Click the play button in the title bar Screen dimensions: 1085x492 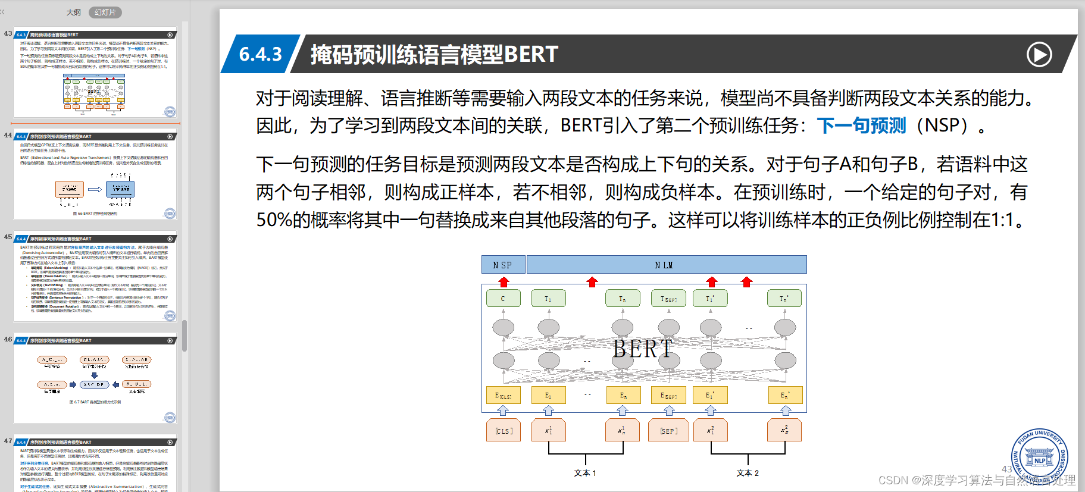(1039, 55)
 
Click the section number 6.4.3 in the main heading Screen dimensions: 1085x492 (260, 55)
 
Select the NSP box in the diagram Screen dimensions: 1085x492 (502, 265)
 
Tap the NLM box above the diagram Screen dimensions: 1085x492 (665, 265)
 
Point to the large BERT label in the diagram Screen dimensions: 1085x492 (643, 349)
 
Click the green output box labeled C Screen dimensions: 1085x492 (503, 298)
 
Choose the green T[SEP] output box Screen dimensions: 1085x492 (668, 298)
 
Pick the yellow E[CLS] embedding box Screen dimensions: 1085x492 (503, 395)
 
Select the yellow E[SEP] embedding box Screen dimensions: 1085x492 (668, 395)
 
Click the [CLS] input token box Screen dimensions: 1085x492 (504, 430)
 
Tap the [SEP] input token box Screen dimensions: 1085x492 (668, 430)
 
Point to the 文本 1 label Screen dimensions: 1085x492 (584, 473)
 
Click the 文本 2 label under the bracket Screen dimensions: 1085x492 (748, 473)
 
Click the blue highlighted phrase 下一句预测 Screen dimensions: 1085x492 (861, 126)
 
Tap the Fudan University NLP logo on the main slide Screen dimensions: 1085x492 (1039, 457)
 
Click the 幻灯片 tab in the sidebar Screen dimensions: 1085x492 (105, 12)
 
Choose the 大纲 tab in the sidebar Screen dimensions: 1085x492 (73, 12)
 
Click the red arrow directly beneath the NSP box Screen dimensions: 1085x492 (504, 281)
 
